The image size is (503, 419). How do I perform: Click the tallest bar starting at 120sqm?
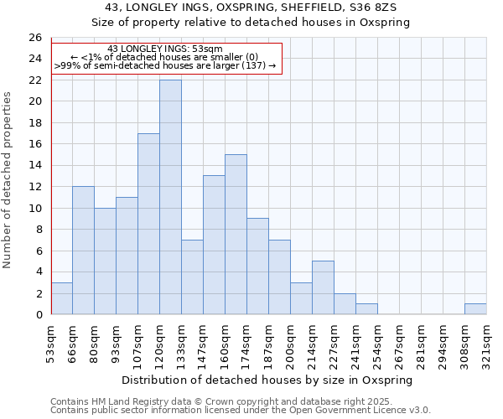[x=170, y=197]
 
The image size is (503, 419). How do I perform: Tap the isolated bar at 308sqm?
[x=475, y=309]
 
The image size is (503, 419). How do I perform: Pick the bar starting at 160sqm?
[x=236, y=235]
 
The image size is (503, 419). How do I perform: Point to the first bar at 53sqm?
[x=61, y=298]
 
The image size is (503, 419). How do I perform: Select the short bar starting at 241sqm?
[x=366, y=309]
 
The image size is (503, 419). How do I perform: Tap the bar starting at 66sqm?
[x=83, y=251]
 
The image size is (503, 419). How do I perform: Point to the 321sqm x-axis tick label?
[x=487, y=341]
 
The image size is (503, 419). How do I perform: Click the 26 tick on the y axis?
[x=34, y=38]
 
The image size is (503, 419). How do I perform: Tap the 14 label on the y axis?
[x=34, y=166]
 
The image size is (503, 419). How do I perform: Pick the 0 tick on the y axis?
[x=38, y=315]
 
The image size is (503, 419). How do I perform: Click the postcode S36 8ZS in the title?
[x=373, y=8]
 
